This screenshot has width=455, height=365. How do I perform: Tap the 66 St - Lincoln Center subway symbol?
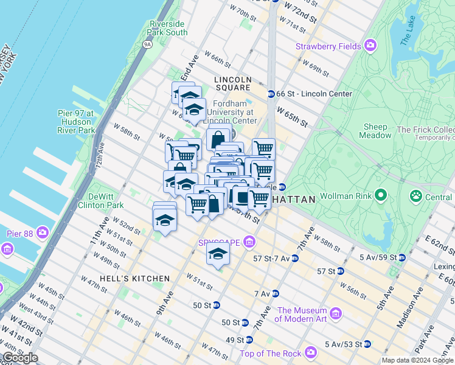(x=271, y=94)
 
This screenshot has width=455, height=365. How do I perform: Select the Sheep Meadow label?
(x=376, y=131)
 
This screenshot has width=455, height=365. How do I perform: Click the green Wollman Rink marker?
(x=381, y=196)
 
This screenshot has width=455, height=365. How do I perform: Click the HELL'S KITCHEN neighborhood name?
(x=127, y=279)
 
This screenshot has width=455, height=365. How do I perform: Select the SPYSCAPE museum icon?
(x=249, y=243)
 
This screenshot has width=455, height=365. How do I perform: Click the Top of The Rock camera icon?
(x=311, y=352)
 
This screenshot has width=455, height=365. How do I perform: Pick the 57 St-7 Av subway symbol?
(x=294, y=259)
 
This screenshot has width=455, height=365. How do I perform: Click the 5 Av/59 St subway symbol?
(x=401, y=257)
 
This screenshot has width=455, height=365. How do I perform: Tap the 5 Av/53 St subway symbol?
(x=367, y=344)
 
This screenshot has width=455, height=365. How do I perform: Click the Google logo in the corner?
(x=20, y=358)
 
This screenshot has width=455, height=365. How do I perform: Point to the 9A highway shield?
(x=147, y=44)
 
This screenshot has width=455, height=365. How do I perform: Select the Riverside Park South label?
(x=168, y=28)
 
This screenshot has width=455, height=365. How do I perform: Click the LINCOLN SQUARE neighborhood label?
(x=232, y=84)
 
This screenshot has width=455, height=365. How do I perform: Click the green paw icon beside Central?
(x=416, y=196)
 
